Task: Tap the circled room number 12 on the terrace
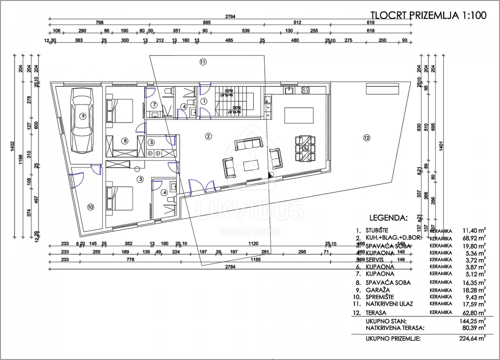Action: [x=366, y=137]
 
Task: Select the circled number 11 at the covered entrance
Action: [x=202, y=62]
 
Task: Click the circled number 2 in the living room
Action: [x=209, y=136]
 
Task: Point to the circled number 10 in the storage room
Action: [x=90, y=206]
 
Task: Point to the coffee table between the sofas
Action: [x=251, y=162]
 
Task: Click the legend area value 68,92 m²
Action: [x=474, y=238]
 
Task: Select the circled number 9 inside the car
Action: [x=83, y=117]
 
